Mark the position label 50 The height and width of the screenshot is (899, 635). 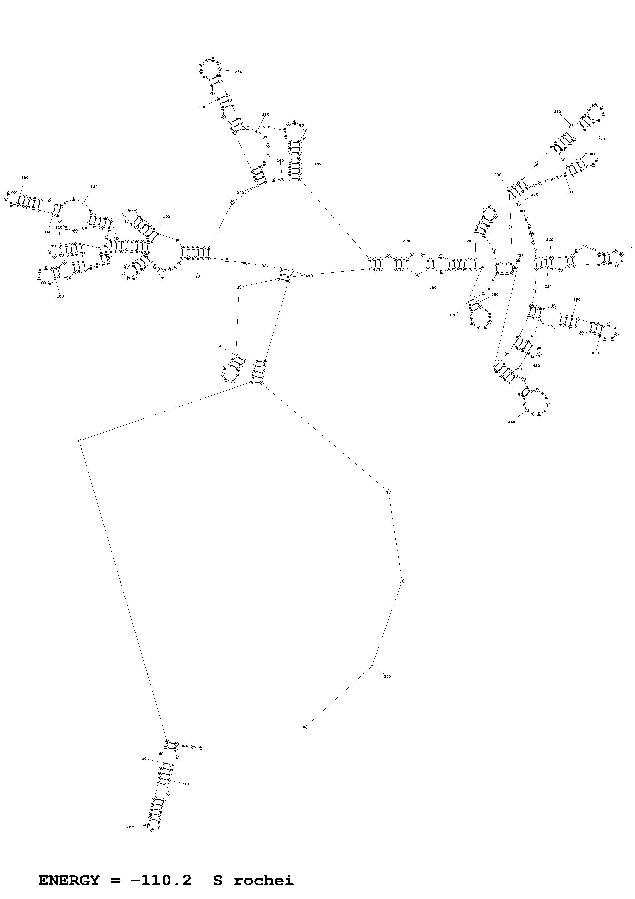[x=220, y=346]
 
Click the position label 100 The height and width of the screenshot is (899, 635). [x=60, y=297]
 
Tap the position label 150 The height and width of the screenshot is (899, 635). [x=25, y=178]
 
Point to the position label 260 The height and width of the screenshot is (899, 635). [x=318, y=163]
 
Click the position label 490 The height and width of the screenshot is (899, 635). [x=309, y=276]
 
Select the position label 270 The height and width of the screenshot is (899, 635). [x=407, y=241]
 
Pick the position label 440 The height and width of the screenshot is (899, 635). [x=511, y=422]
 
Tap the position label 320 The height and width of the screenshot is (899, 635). [x=601, y=139]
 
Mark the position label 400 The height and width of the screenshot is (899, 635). [x=595, y=353]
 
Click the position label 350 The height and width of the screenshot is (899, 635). [x=534, y=195]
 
